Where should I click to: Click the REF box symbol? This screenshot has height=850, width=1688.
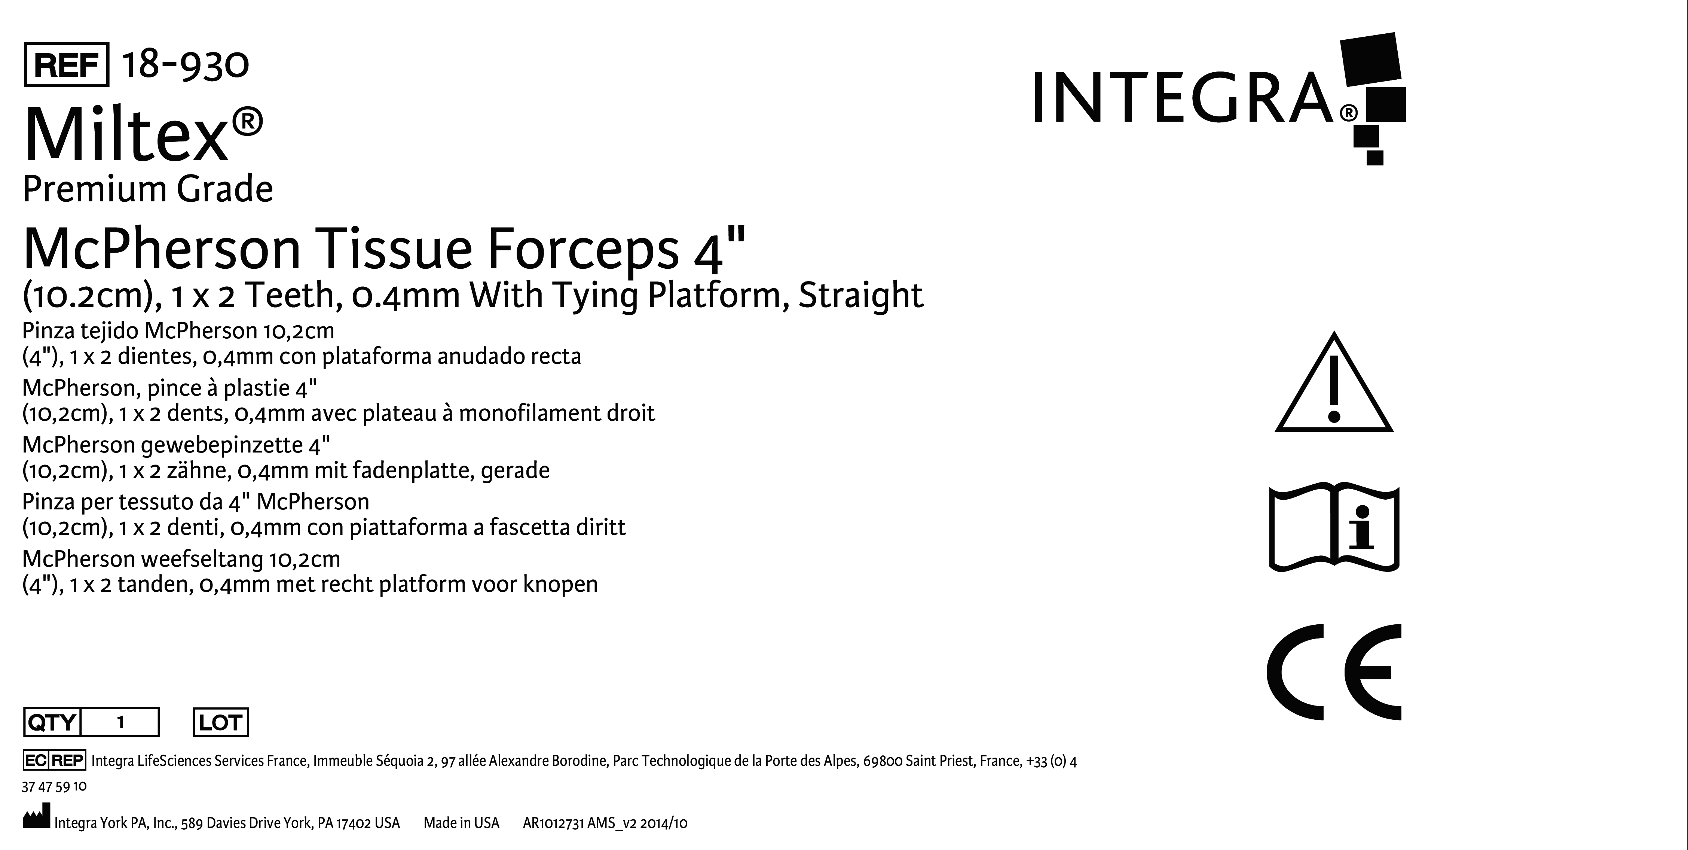click(66, 64)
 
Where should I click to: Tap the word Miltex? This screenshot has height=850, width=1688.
click(126, 135)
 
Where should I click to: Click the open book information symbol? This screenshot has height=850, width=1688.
click(1334, 528)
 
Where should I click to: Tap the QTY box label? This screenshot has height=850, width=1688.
click(52, 722)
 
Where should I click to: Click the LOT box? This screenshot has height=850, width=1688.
click(221, 722)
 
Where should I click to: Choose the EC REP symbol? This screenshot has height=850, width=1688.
click(54, 760)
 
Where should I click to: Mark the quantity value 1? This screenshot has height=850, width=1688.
click(120, 722)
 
